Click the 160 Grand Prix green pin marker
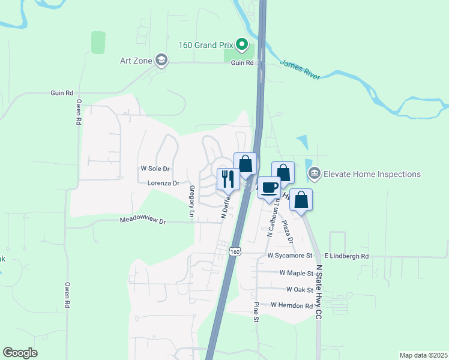(x=242, y=44)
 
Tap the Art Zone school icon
(x=161, y=59)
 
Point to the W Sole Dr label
(x=155, y=169)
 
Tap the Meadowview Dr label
(x=142, y=221)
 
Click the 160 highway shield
(x=235, y=251)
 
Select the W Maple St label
(x=297, y=272)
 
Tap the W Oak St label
(x=300, y=289)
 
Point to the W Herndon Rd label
(x=292, y=305)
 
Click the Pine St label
(x=256, y=311)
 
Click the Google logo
(x=20, y=353)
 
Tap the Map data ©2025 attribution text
(x=423, y=355)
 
